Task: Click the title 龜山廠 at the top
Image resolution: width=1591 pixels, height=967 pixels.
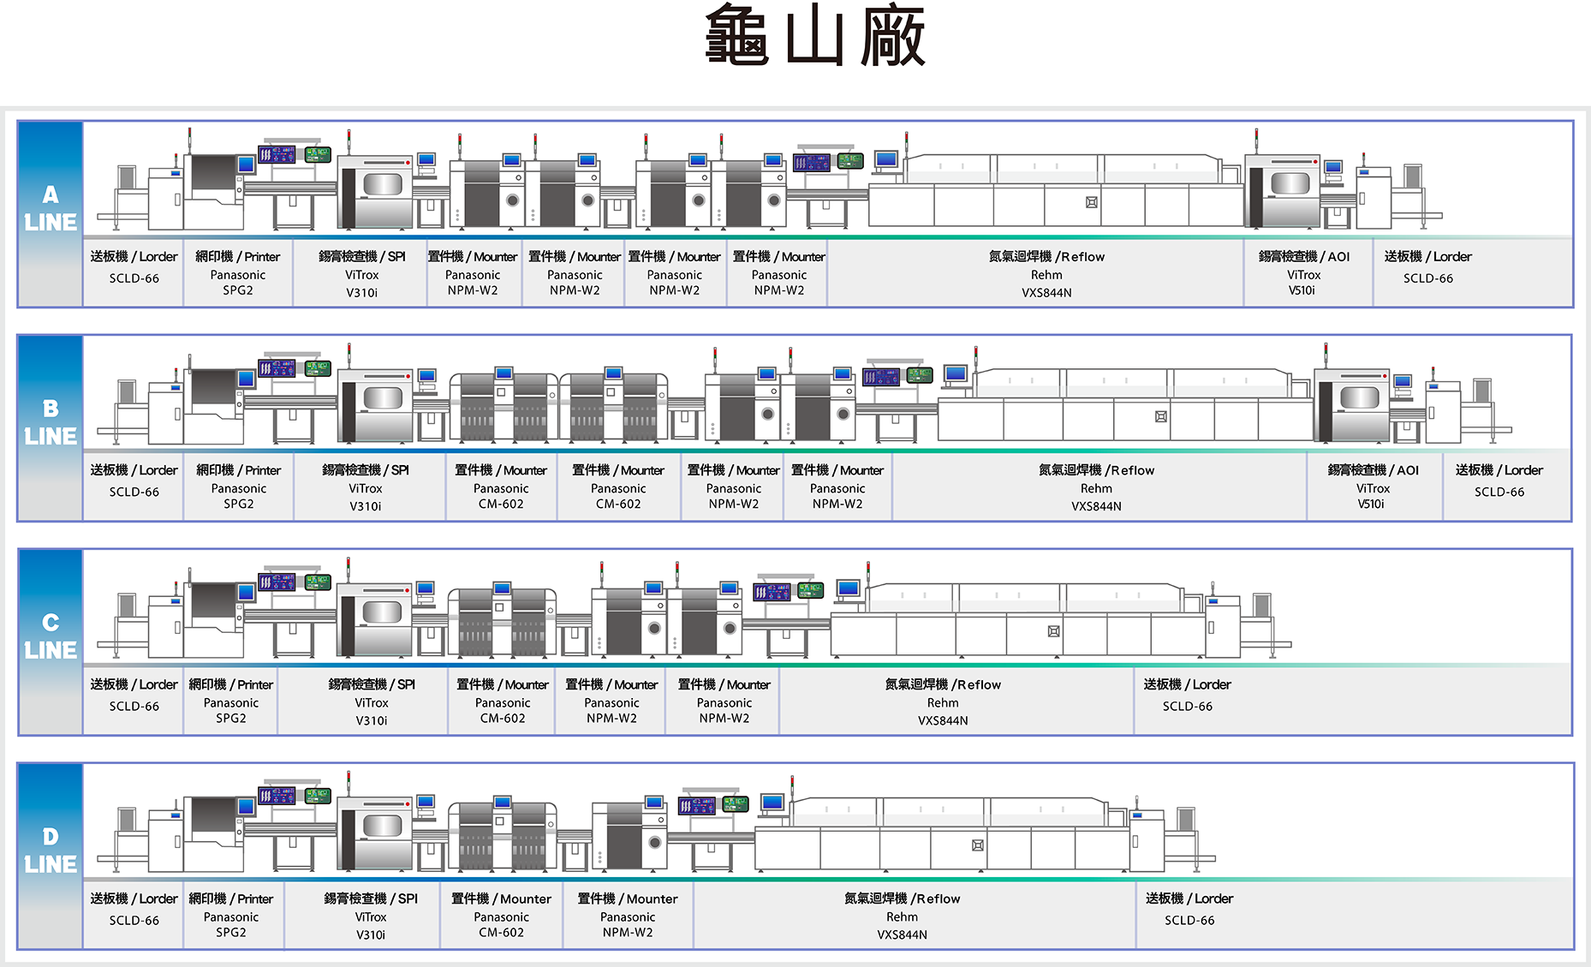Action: (814, 36)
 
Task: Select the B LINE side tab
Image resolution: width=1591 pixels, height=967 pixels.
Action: (51, 427)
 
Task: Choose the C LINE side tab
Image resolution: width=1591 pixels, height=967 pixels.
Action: (51, 641)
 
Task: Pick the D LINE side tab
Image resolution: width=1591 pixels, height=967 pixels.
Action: (51, 855)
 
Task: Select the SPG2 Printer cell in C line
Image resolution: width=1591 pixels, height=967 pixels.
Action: (230, 701)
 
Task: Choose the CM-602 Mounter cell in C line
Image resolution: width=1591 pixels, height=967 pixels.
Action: (503, 701)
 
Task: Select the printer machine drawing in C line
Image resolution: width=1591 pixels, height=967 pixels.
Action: (214, 617)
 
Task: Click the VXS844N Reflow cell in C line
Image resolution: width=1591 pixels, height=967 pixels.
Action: (943, 701)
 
